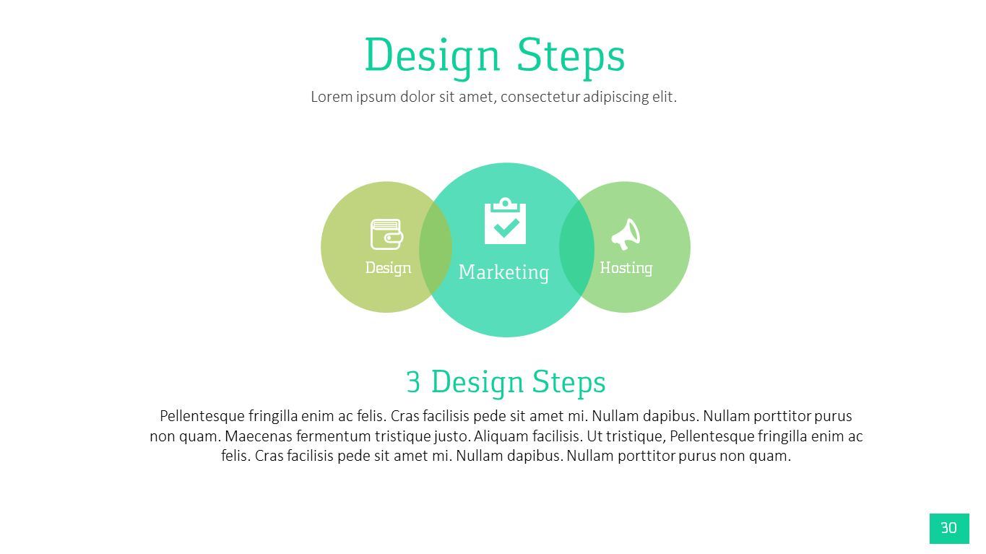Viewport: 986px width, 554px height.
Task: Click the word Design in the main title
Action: [431, 56]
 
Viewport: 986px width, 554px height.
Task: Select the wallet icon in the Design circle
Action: [386, 235]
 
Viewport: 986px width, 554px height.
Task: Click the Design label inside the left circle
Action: [388, 268]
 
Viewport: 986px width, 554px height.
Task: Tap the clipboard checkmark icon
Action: [505, 222]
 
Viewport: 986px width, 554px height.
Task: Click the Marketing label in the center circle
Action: [503, 272]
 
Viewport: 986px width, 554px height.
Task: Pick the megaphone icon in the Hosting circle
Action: [626, 234]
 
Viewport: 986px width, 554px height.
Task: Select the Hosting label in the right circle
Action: [626, 268]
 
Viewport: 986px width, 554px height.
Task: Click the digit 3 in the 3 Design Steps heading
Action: [412, 382]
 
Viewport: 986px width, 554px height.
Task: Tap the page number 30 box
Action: [948, 528]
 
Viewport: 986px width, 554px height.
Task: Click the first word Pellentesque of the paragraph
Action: [202, 416]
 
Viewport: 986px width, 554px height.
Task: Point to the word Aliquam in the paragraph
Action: [501, 436]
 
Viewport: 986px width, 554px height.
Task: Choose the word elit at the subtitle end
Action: [663, 97]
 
